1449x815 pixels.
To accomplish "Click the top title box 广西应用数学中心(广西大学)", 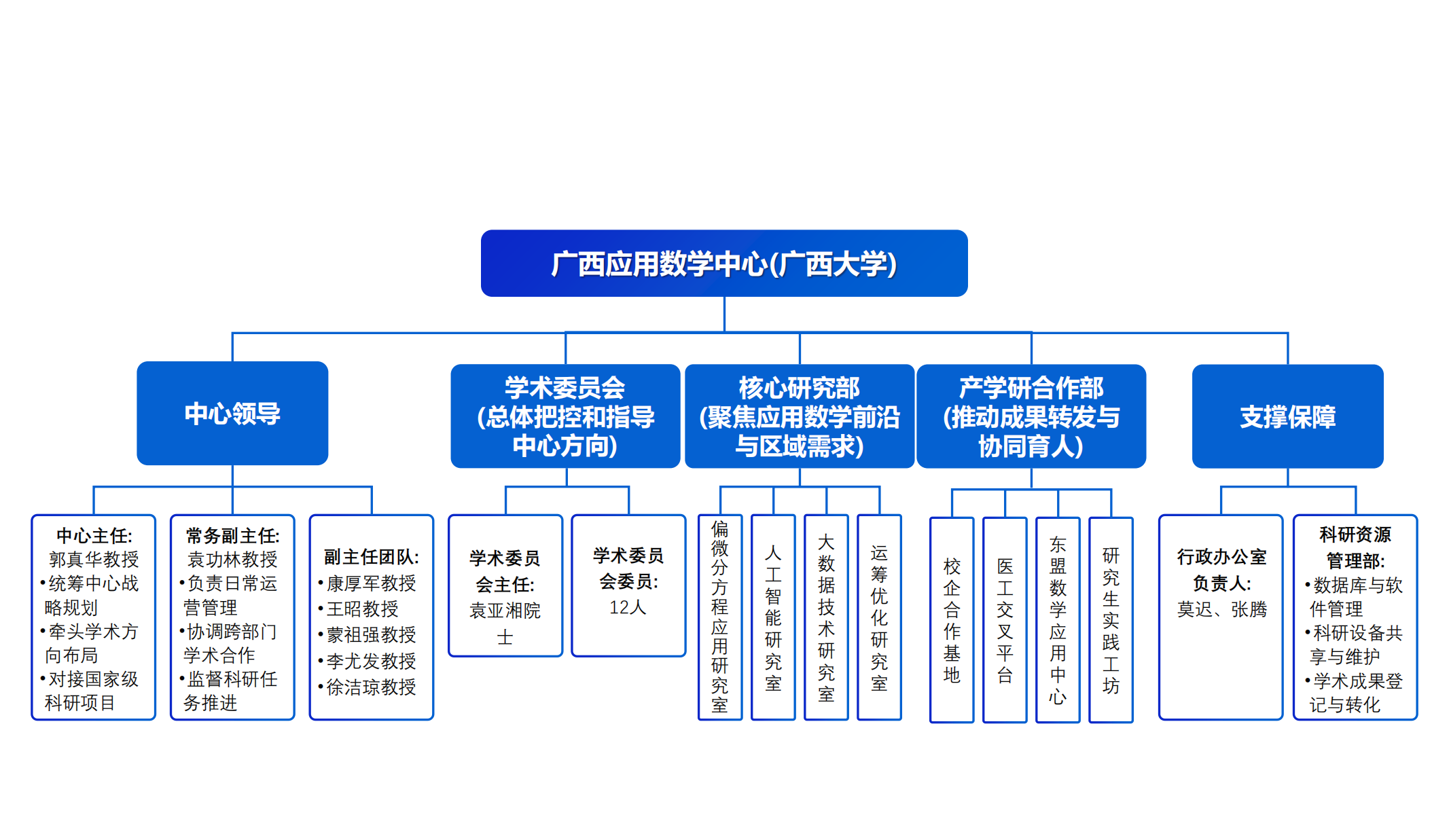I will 724,264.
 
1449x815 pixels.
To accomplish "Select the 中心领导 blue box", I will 232,414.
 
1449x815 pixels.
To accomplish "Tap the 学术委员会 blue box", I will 565,416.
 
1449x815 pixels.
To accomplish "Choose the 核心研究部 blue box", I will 800,416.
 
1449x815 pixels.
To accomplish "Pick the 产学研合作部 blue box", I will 1031,416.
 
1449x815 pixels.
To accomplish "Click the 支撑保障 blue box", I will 1287,416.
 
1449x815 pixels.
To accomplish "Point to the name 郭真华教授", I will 94,560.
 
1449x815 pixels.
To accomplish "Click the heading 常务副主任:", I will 232,536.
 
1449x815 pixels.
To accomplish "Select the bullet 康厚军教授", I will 371,583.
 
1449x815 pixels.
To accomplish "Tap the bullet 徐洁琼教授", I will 371,687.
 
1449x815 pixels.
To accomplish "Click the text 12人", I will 628,607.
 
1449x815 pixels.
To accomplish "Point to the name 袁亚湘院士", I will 505,623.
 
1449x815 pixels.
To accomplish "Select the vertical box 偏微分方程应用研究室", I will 720,617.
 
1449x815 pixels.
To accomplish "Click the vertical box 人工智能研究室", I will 773,617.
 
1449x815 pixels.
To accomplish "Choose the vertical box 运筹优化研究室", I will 879,617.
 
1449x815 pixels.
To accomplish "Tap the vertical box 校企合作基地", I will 952,619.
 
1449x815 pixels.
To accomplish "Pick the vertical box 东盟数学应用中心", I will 1058,619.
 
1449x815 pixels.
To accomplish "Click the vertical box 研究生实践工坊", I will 1111,619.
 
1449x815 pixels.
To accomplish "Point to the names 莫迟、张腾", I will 1221,610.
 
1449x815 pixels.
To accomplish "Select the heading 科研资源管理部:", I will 1355,547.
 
